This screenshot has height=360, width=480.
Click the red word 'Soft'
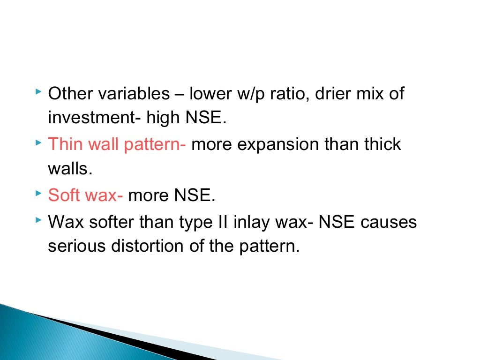[63, 195]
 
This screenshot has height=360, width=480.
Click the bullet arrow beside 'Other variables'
[38, 90]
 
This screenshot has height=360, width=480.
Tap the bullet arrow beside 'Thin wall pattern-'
[38, 140]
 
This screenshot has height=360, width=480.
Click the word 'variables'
[134, 94]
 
